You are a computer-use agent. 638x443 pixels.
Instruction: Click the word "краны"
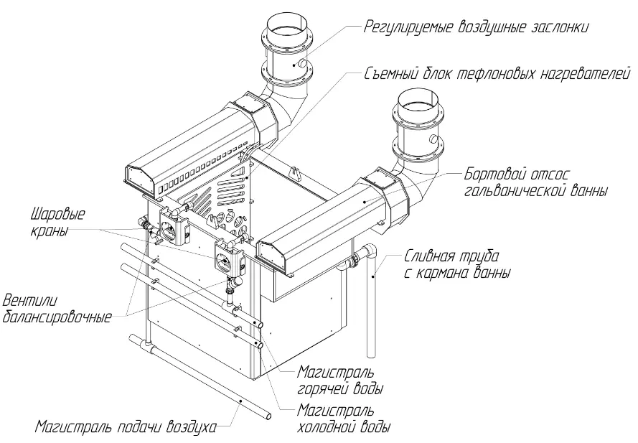click(48, 231)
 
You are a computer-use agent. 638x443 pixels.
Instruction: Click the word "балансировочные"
click(57, 317)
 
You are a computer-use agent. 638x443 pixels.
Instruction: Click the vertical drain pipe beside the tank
click(373, 309)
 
